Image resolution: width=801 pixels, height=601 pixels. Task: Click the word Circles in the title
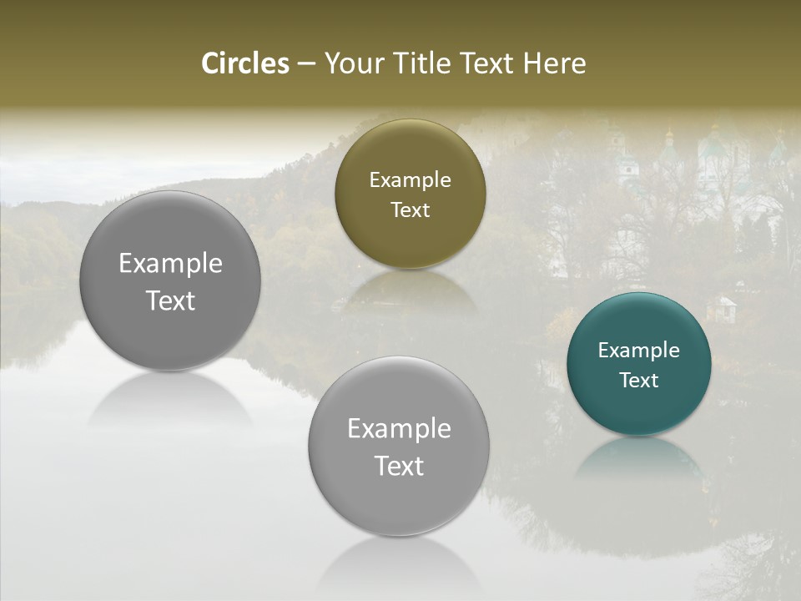[x=245, y=63]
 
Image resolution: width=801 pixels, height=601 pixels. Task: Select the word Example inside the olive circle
[x=410, y=180]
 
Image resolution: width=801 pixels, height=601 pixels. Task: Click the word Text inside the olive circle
[x=410, y=210]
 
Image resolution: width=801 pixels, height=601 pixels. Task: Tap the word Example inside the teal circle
[x=638, y=351]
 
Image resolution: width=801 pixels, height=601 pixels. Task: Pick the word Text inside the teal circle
[x=638, y=381]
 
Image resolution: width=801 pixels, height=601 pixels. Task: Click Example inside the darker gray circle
[x=170, y=264]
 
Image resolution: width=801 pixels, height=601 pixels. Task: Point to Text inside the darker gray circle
[x=170, y=301]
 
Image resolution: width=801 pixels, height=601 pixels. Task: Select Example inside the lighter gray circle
[x=399, y=429]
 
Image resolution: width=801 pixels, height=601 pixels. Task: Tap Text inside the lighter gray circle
[x=399, y=467]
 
